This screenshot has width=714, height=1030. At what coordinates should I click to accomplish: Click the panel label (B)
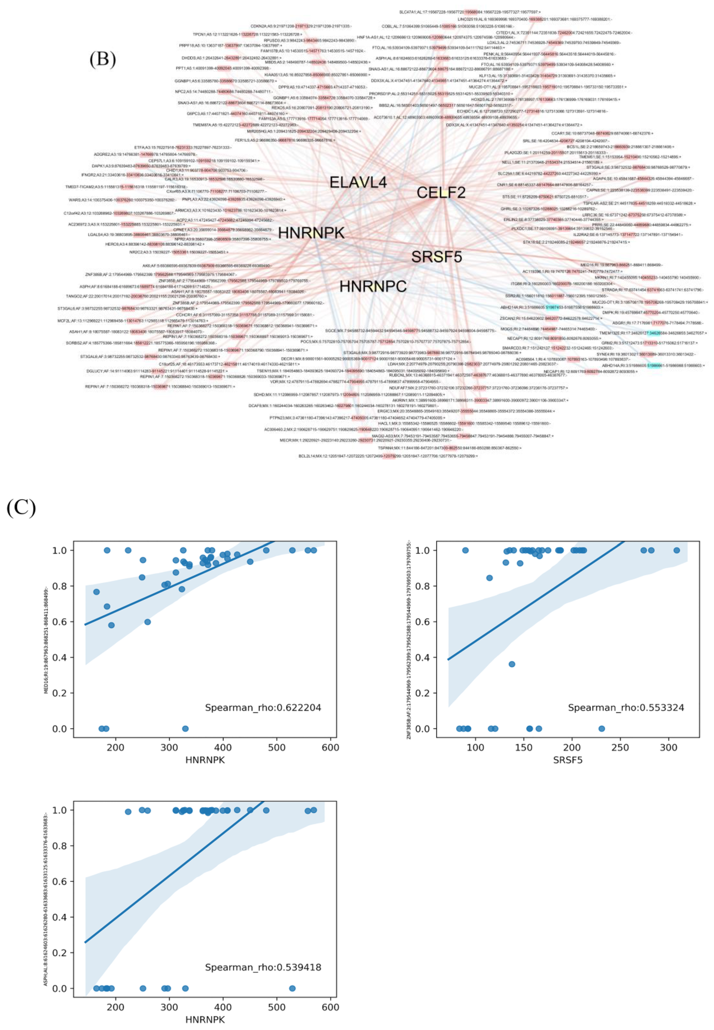point(102,59)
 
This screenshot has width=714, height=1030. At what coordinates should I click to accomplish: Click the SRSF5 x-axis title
point(568,760)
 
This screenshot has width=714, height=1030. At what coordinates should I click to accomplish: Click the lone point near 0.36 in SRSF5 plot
point(512,664)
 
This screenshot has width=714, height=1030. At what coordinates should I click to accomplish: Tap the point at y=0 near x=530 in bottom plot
point(292,988)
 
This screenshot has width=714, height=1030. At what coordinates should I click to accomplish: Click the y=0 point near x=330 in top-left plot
point(185,729)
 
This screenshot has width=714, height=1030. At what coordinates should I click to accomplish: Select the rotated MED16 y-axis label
point(46,641)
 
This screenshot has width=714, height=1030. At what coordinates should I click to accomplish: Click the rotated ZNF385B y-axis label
point(409,641)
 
